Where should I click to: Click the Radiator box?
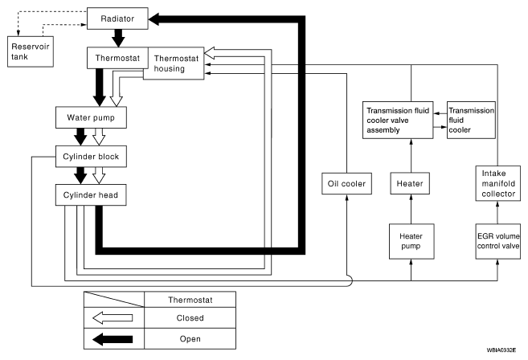tap(117, 18)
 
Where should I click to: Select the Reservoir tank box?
tap(31, 51)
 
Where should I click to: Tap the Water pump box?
tap(91, 117)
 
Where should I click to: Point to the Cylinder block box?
tap(91, 157)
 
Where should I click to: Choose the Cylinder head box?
tap(91, 195)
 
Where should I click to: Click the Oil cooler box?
tap(347, 183)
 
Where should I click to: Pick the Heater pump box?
tap(411, 241)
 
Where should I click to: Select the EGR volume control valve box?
tap(498, 241)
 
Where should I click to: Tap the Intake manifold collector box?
tap(498, 183)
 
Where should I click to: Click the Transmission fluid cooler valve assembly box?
tap(398, 121)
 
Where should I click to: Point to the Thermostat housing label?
tap(176, 63)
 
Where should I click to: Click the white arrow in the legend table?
tap(113, 318)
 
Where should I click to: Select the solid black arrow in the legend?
tap(113, 339)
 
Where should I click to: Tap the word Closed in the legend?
tap(190, 318)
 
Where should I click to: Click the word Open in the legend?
tap(190, 339)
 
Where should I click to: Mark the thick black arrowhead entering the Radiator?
tap(153, 19)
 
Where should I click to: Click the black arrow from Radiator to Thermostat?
tap(118, 38)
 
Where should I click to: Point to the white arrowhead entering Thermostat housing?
tap(210, 53)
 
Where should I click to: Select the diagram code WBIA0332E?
tap(501, 350)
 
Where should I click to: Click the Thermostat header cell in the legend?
tap(190, 300)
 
